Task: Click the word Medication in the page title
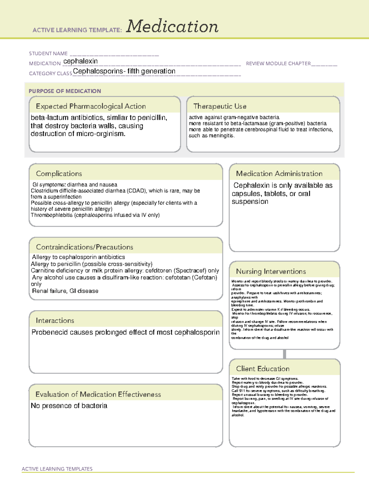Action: pyautogui.click(x=172, y=26)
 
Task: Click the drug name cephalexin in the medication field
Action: pyautogui.click(x=81, y=61)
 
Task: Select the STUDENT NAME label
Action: pyautogui.click(x=48, y=54)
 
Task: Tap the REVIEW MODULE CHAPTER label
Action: pyautogui.click(x=278, y=63)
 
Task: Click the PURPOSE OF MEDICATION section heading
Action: pyautogui.click(x=65, y=91)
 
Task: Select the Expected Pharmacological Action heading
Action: pyautogui.click(x=91, y=106)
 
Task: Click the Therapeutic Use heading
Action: pyautogui.click(x=220, y=106)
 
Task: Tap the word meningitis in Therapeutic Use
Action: pyautogui.click(x=221, y=135)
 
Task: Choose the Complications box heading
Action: pyautogui.click(x=59, y=174)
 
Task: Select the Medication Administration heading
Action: pyautogui.click(x=279, y=174)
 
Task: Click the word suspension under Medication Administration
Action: pyautogui.click(x=250, y=202)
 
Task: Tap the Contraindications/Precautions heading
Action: pyautogui.click(x=85, y=247)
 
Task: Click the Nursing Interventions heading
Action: pyautogui.click(x=271, y=271)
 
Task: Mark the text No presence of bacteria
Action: pyautogui.click(x=69, y=406)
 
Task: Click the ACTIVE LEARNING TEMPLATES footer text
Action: pyautogui.click(x=57, y=469)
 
